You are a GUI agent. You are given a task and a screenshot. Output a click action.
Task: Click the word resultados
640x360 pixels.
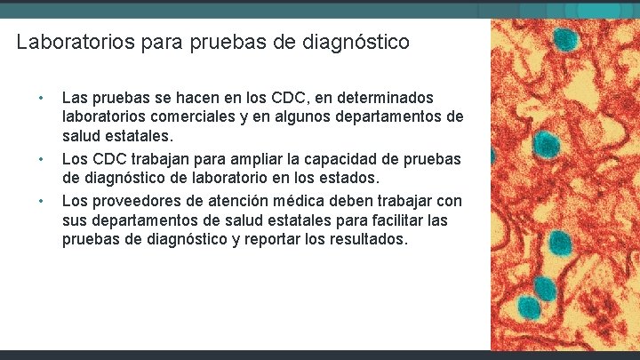tap(366, 239)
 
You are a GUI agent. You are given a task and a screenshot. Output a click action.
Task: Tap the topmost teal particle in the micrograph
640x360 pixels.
tap(564, 38)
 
